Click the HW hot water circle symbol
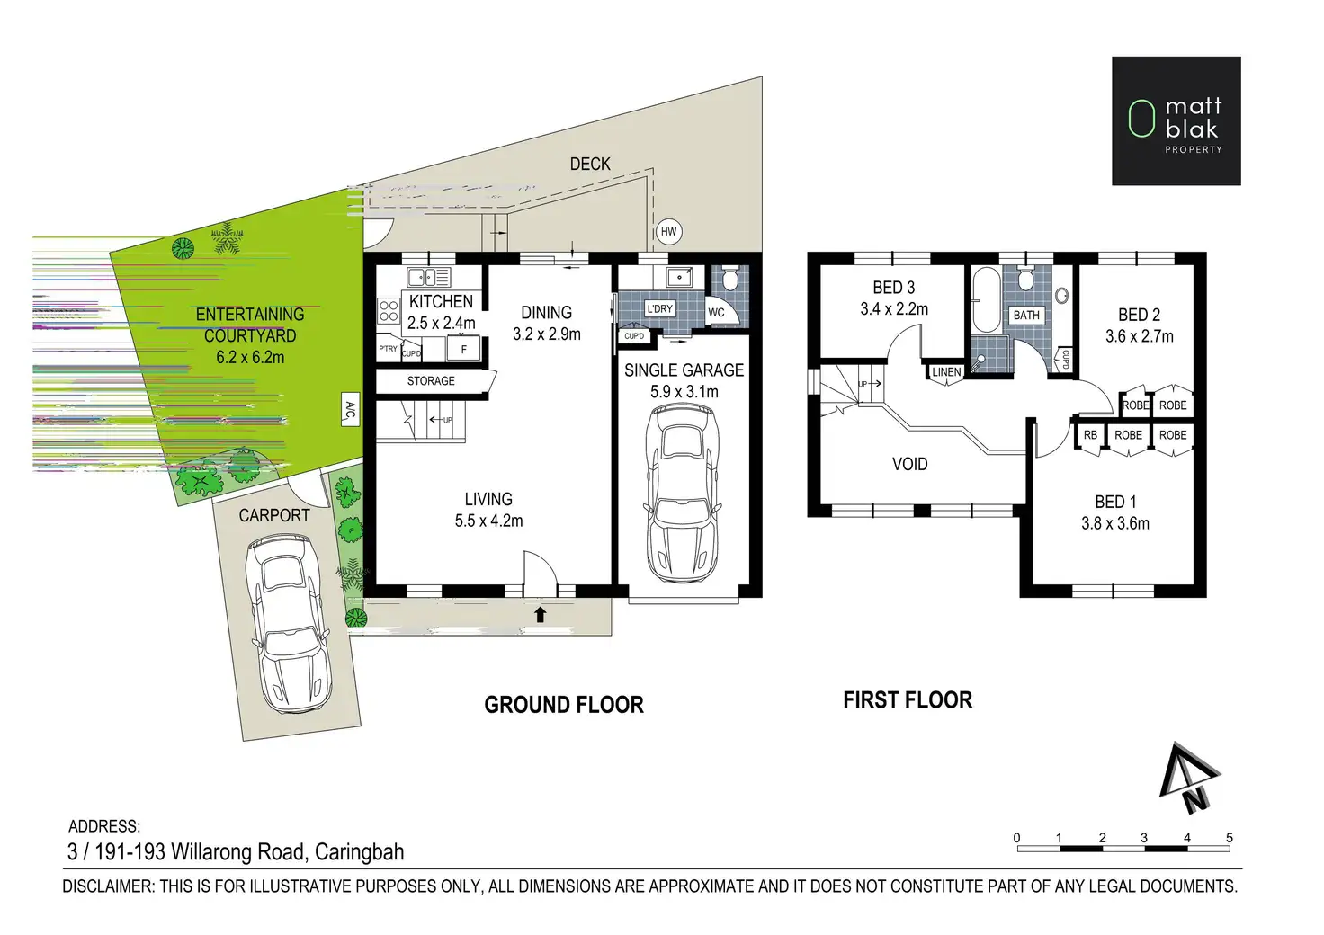click(668, 232)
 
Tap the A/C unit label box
click(351, 409)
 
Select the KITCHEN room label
click(441, 301)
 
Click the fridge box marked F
click(463, 349)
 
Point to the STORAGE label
click(431, 381)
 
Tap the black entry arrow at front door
click(540, 614)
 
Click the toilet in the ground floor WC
click(731, 278)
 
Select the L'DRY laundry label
click(659, 309)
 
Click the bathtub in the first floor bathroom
click(987, 299)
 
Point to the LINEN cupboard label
click(946, 372)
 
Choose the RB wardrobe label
click(1090, 435)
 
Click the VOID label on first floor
click(909, 464)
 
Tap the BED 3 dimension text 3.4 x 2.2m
click(894, 309)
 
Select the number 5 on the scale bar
click(1230, 838)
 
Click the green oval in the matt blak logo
click(1141, 119)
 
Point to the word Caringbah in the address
click(360, 851)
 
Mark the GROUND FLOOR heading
click(564, 705)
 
